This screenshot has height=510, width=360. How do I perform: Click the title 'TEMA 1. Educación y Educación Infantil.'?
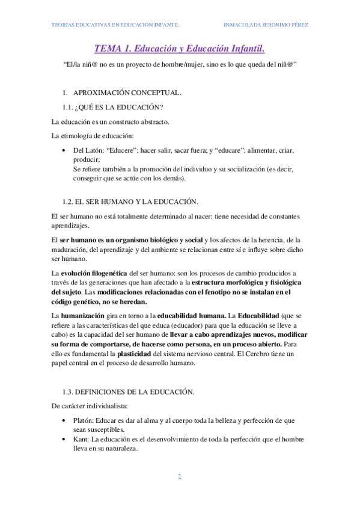click(x=180, y=48)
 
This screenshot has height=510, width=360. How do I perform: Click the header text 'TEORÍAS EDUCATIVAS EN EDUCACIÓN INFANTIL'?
click(x=114, y=25)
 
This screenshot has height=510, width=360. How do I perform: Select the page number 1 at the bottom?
click(x=179, y=477)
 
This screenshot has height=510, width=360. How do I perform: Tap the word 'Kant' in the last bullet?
click(x=81, y=440)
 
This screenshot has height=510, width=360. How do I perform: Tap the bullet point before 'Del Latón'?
click(x=64, y=150)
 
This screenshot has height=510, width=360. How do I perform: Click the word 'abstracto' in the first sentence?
click(x=153, y=122)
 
